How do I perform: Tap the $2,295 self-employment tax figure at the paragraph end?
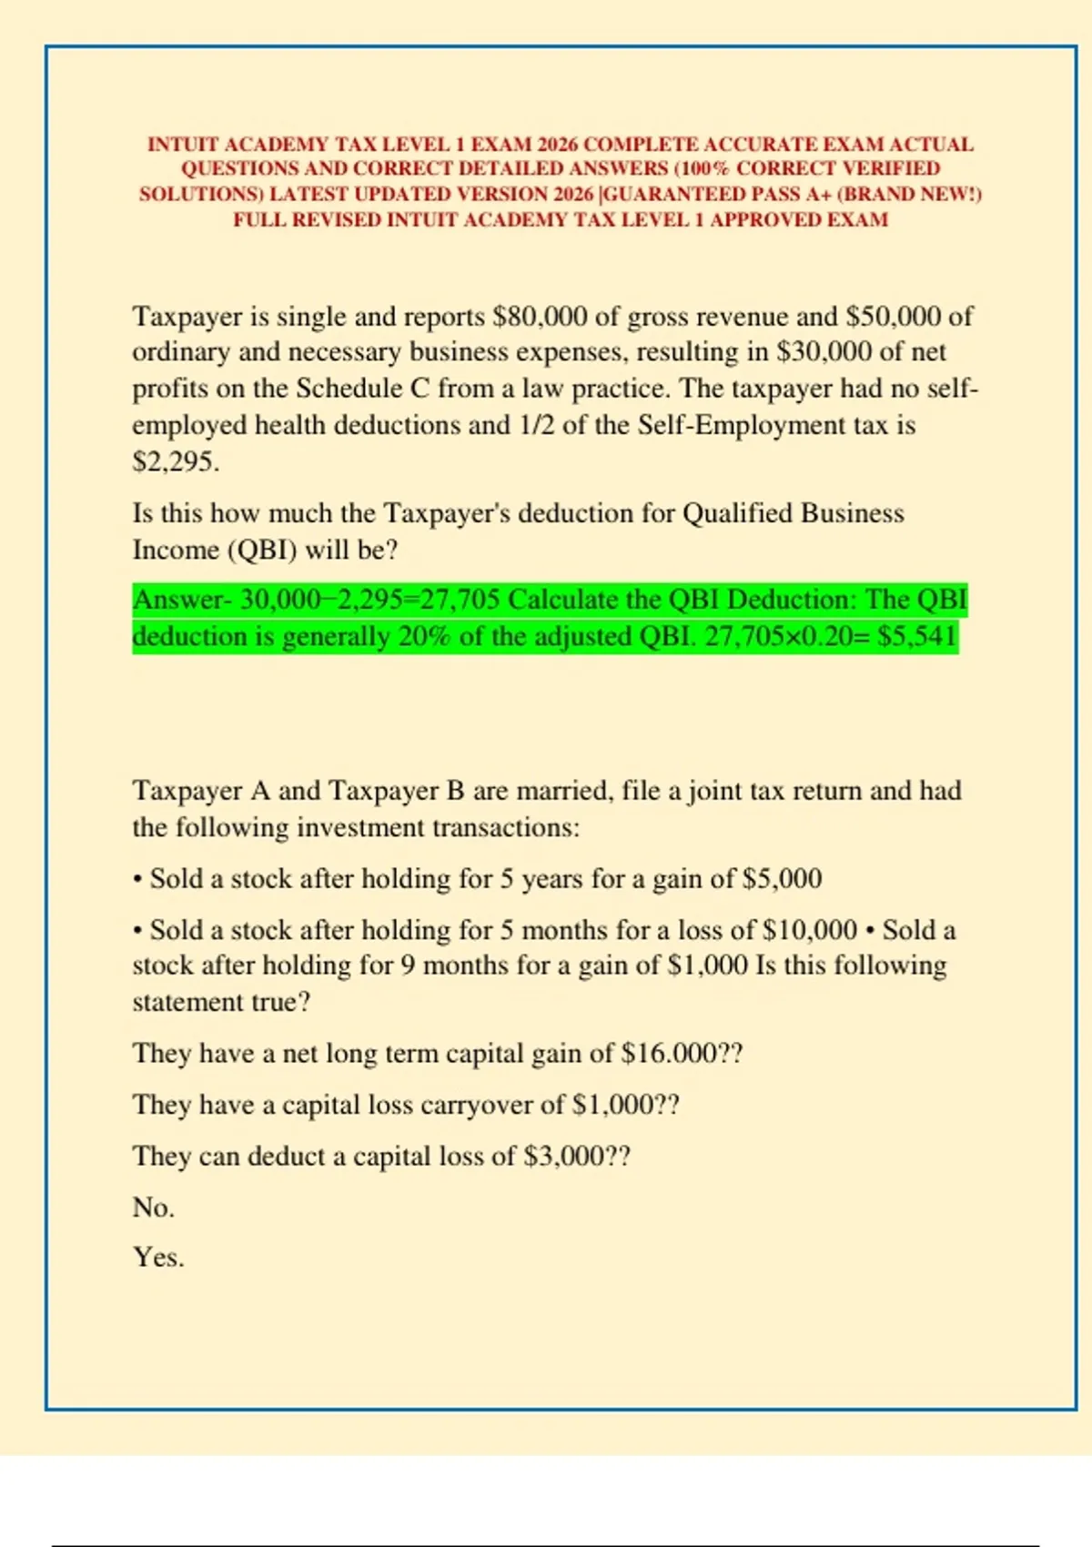point(175,461)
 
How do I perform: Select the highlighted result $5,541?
point(917,636)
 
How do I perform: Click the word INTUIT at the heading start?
point(182,145)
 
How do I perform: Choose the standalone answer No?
point(153,1208)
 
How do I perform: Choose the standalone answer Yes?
point(158,1258)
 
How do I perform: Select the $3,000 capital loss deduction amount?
point(564,1157)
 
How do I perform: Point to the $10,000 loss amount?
point(809,930)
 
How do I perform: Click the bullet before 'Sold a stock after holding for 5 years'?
point(137,880)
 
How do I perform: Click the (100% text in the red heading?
point(702,169)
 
